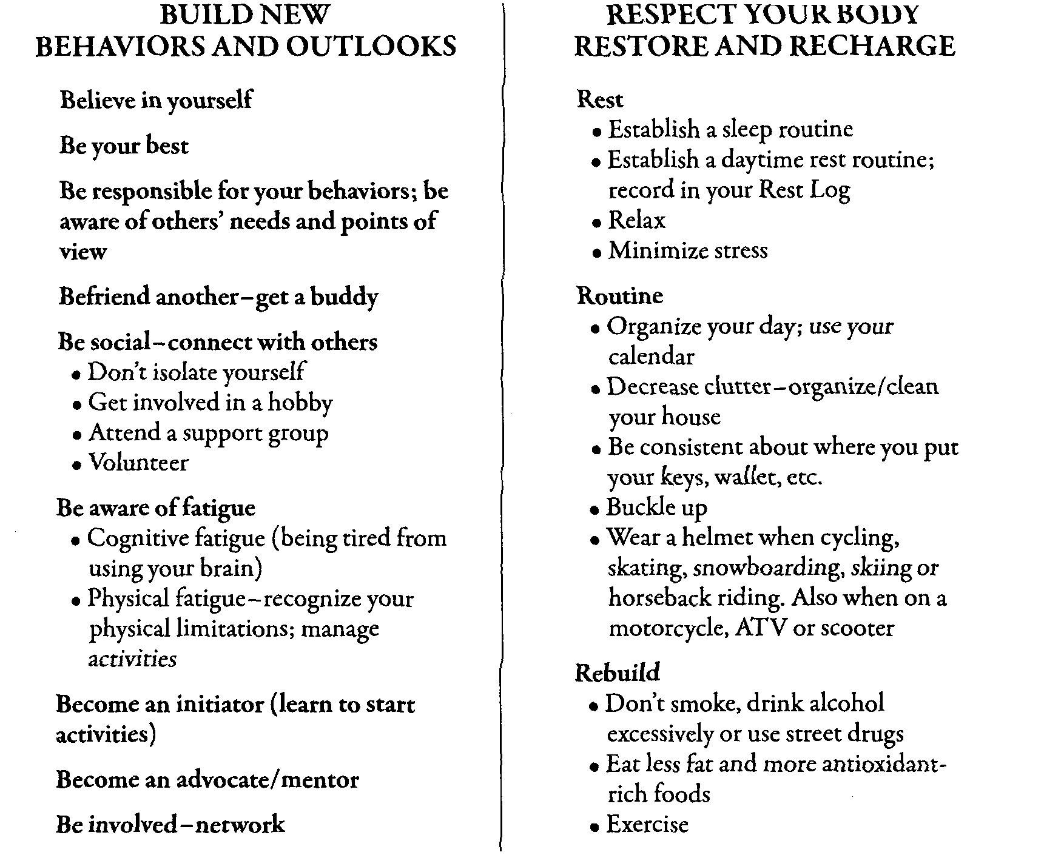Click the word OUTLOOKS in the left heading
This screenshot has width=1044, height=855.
pos(371,47)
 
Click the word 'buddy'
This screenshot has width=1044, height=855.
pos(345,297)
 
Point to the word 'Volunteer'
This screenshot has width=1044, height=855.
pos(139,463)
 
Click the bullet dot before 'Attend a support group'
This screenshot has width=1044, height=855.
pos(77,435)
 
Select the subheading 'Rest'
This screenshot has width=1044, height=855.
pos(600,99)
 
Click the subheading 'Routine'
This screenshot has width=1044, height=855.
pos(619,296)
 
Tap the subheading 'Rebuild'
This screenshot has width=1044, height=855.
pos(617,673)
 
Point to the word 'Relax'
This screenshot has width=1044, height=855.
pos(637,220)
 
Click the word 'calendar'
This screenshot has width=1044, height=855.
pos(651,357)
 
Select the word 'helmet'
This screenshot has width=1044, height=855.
pos(717,537)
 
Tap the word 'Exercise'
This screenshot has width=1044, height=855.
pos(647,825)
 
